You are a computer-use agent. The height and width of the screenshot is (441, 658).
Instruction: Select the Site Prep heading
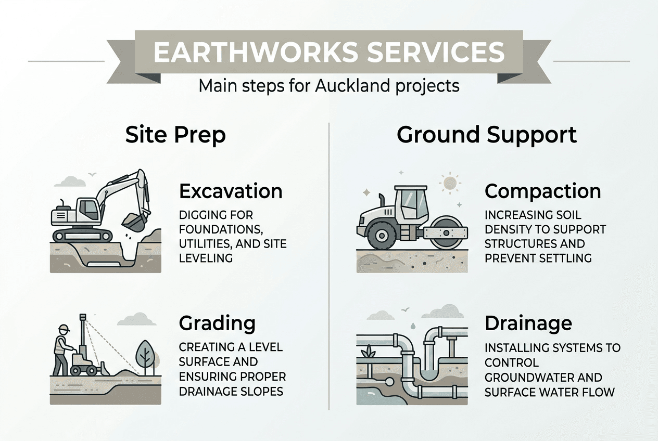(x=175, y=135)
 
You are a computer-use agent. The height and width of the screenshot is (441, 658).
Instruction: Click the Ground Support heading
(x=486, y=135)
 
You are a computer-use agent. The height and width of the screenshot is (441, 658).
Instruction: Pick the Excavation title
(x=231, y=191)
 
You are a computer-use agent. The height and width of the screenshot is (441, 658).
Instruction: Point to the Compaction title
(x=542, y=191)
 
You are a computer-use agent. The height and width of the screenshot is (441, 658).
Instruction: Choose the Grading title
(x=217, y=323)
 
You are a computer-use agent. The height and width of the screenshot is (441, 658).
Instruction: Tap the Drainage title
(x=528, y=323)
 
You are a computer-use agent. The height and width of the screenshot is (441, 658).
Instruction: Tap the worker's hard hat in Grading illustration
(x=64, y=329)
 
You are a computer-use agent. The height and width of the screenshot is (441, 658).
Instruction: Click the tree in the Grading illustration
(x=146, y=354)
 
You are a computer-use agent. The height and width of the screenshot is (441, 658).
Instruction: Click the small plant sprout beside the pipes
(x=371, y=351)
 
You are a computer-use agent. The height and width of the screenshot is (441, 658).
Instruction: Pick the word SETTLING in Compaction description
(x=567, y=257)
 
